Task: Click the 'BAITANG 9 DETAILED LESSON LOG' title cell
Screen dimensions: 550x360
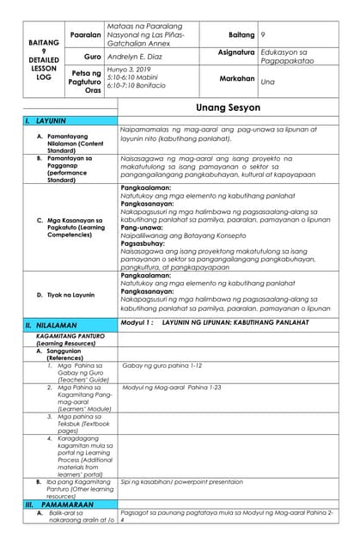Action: tap(32, 58)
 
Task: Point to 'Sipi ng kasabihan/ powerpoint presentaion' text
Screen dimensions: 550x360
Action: tap(182, 482)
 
